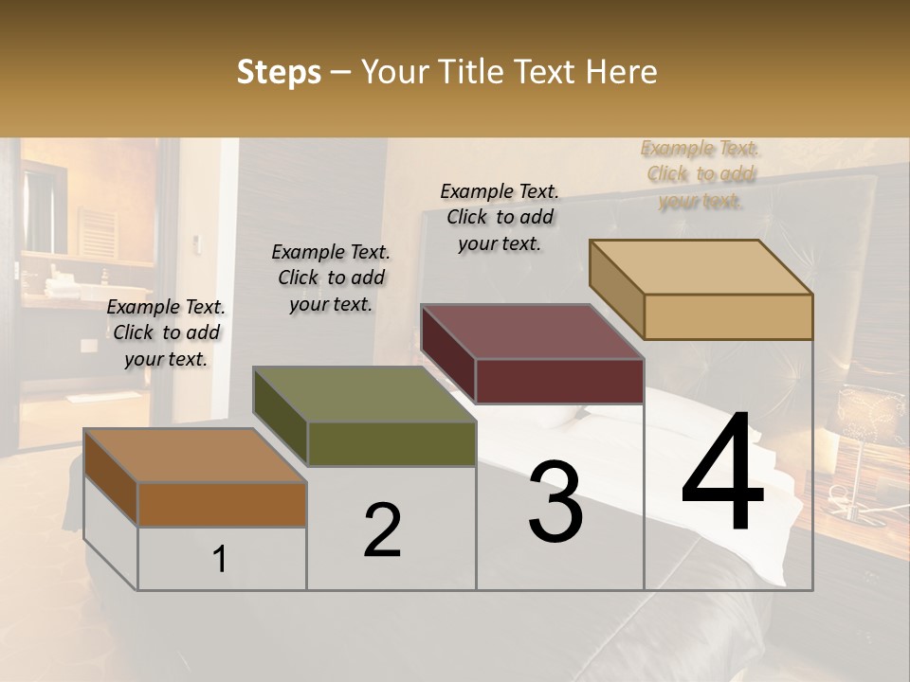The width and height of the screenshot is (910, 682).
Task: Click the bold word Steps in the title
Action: pyautogui.click(x=279, y=72)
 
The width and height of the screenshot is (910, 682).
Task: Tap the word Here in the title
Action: pyautogui.click(x=621, y=72)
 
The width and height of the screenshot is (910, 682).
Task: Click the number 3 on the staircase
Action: pyautogui.click(x=555, y=502)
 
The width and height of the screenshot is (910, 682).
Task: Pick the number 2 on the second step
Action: pyautogui.click(x=382, y=530)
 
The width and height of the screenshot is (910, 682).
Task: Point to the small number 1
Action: pyautogui.click(x=220, y=559)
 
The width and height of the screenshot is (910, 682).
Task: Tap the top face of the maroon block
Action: pyautogui.click(x=531, y=332)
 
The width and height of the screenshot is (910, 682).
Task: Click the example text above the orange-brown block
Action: pyautogui.click(x=166, y=332)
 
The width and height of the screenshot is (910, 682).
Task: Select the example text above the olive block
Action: pyautogui.click(x=331, y=278)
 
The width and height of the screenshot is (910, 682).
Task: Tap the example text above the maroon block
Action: pyautogui.click(x=500, y=217)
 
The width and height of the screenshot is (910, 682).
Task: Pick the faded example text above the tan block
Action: pyautogui.click(x=700, y=174)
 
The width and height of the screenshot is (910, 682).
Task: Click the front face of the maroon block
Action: pyautogui.click(x=559, y=382)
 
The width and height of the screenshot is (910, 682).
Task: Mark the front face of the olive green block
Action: pyautogui.click(x=391, y=444)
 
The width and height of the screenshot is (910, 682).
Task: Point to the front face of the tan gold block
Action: pyautogui.click(x=728, y=316)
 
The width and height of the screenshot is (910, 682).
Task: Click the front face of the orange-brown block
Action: pyautogui.click(x=222, y=504)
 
